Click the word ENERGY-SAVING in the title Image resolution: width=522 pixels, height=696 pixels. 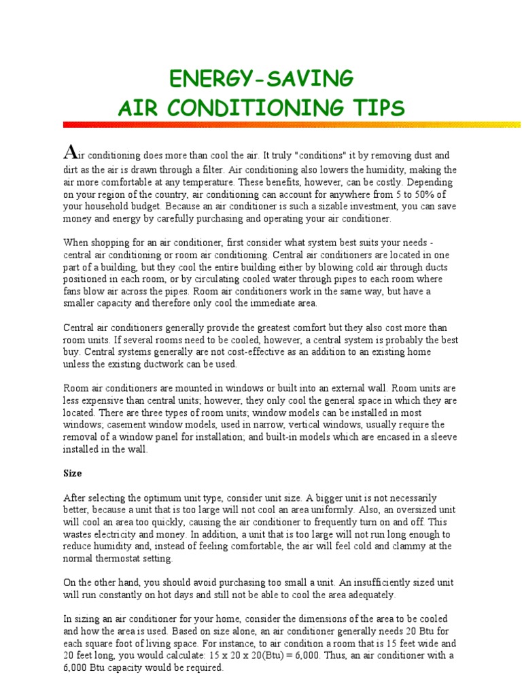coord(260,79)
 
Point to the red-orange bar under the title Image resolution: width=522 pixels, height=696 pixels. coord(292,124)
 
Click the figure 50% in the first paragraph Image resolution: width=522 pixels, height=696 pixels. coord(432,194)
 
